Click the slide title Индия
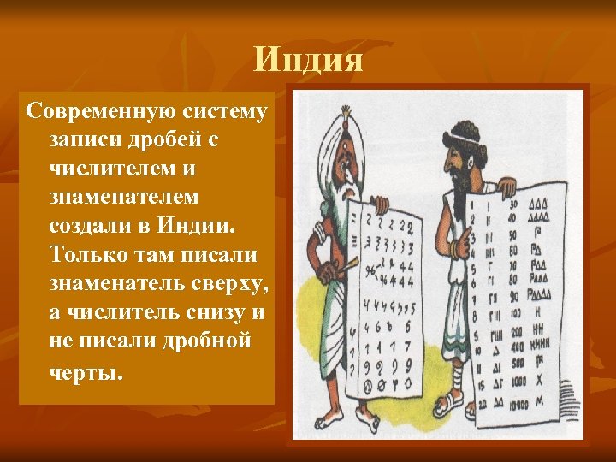click(309, 61)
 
